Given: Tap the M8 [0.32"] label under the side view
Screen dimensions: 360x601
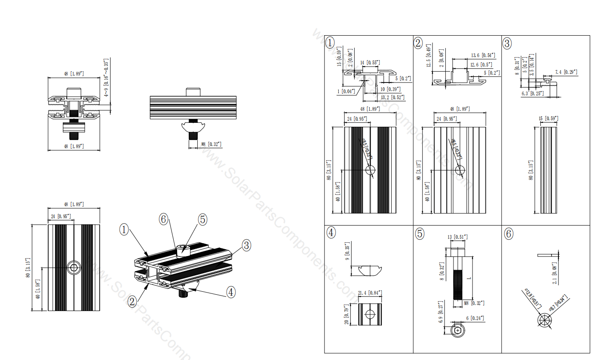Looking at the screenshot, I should [x=211, y=144].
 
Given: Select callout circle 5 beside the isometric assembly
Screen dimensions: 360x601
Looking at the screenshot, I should [x=202, y=219].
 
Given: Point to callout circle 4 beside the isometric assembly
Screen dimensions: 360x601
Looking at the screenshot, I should [x=231, y=292].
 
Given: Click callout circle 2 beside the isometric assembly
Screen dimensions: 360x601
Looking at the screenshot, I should [x=132, y=301].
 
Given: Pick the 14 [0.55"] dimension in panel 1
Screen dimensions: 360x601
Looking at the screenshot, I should [x=370, y=63].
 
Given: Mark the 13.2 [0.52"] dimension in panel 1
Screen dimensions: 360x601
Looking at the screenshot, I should [x=392, y=97].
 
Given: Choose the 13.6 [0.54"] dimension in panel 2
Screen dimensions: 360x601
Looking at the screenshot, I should [x=483, y=55].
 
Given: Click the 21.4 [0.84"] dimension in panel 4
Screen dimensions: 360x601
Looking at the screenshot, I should [x=369, y=293].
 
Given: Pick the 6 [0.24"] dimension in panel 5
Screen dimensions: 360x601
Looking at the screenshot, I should [x=475, y=318].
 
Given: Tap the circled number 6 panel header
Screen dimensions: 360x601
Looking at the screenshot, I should [x=508, y=234].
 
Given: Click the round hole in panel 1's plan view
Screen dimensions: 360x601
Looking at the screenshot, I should [x=370, y=170].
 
